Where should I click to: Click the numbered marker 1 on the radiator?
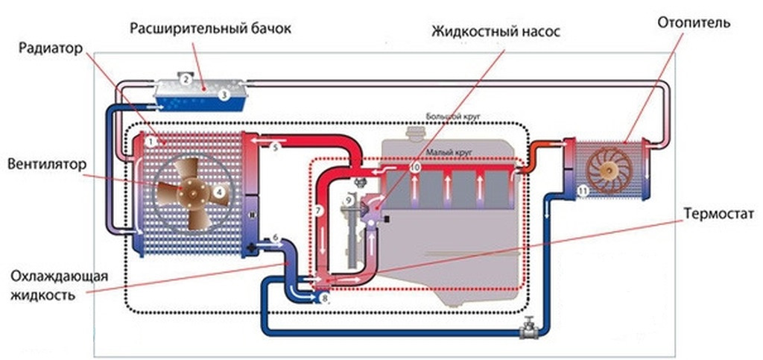tap(151, 140)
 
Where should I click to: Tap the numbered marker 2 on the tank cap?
tap(187, 78)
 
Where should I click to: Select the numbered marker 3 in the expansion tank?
tap(224, 95)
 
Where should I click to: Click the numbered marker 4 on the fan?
tap(219, 191)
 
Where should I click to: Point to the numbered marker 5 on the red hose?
tap(274, 148)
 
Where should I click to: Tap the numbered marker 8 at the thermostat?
tap(324, 298)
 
